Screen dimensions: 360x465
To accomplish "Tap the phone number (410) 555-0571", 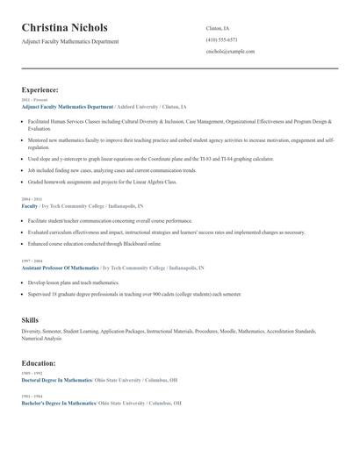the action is [x=221, y=39].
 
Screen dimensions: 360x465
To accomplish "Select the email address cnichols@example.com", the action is [x=230, y=52].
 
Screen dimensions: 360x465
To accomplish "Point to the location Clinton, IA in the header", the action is [x=218, y=28].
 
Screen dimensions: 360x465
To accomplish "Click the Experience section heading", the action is [x=40, y=89].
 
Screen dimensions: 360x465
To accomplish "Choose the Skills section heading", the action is [x=30, y=320].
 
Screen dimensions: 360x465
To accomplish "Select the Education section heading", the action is [x=39, y=362].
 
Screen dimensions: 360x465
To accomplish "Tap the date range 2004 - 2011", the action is [x=31, y=199].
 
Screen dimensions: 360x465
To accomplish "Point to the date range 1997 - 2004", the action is [x=31, y=261].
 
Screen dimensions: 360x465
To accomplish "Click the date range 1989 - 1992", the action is [x=31, y=374].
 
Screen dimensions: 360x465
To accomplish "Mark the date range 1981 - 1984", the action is [x=31, y=396].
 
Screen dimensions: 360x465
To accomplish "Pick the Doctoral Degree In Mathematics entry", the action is [x=56, y=380].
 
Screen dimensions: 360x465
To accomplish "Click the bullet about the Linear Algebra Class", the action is [x=102, y=182].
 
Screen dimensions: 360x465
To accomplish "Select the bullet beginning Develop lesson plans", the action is [x=73, y=283].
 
